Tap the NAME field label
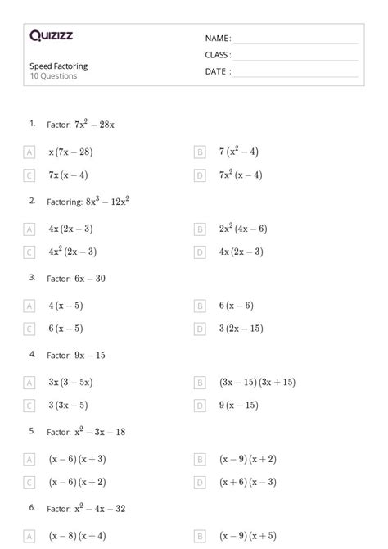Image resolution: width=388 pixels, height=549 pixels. tap(218, 39)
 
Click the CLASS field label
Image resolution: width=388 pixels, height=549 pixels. tap(218, 55)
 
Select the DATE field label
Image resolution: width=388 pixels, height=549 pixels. tap(218, 71)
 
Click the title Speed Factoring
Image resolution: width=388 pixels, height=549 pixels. tap(59, 66)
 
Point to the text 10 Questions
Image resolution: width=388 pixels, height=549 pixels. tap(54, 76)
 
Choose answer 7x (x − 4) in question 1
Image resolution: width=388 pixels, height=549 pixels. tap(68, 175)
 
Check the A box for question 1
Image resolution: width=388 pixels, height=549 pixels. tap(29, 152)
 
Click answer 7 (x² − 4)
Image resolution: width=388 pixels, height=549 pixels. tap(238, 152)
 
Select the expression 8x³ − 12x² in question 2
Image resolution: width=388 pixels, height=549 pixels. tap(108, 201)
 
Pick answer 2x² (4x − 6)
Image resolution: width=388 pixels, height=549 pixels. tap(243, 229)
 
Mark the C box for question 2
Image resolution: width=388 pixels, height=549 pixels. tap(29, 252)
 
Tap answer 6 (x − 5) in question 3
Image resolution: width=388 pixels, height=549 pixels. tap(65, 329)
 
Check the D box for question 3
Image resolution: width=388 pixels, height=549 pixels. tap(200, 329)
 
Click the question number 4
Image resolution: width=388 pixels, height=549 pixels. tap(33, 354)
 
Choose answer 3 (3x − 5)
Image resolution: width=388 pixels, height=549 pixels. tap(68, 405)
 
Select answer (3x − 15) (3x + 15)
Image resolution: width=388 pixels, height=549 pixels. tap(257, 382)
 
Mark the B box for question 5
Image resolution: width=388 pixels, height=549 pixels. tap(200, 460)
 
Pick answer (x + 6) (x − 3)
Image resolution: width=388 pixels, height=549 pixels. tap(248, 482)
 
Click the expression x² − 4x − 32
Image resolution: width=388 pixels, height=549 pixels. tap(100, 509)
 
